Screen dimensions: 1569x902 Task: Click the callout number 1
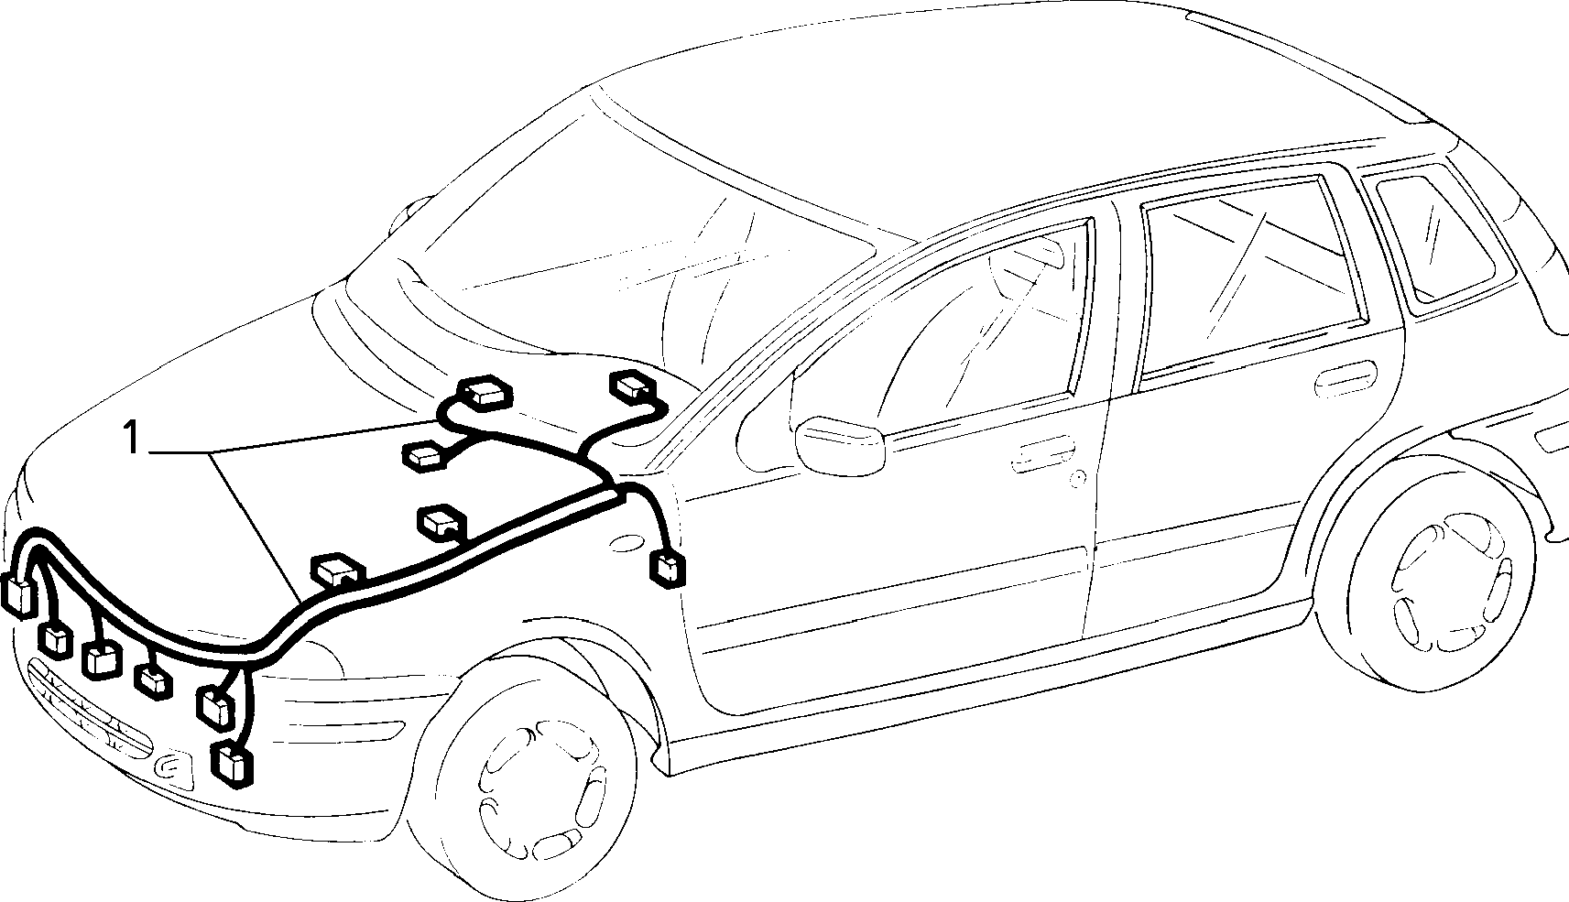click(132, 437)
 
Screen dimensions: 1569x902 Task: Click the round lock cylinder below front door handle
click(1078, 478)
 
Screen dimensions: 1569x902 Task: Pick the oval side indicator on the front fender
click(627, 543)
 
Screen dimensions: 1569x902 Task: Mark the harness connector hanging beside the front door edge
click(668, 568)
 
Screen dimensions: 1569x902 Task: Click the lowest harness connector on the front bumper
click(232, 766)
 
